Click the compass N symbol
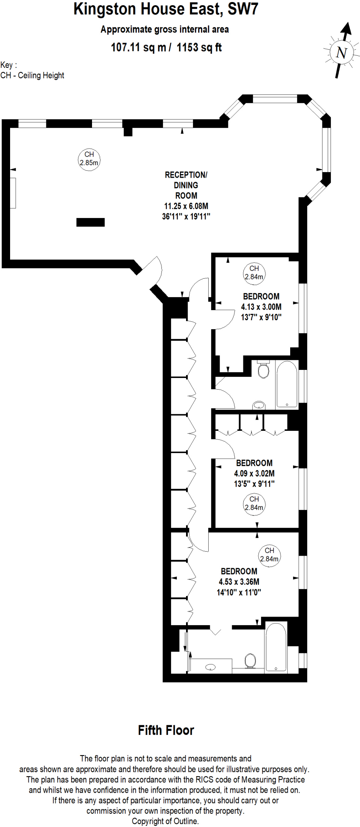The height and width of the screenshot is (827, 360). (341, 52)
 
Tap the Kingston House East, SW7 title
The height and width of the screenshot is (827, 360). (165, 9)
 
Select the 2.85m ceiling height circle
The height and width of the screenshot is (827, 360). (89, 159)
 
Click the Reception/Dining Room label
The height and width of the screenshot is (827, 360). (186, 185)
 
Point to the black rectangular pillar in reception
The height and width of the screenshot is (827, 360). (90, 222)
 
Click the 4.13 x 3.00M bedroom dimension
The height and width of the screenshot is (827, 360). (261, 307)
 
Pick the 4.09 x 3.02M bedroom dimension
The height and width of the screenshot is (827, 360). (254, 473)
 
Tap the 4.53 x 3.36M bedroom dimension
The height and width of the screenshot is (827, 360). (239, 582)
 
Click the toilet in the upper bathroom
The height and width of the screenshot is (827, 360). (263, 369)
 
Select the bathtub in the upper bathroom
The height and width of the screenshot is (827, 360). (287, 385)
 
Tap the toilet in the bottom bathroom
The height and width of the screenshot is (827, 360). (250, 661)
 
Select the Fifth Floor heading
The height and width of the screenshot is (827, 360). (166, 730)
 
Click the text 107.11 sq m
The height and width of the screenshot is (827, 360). (138, 48)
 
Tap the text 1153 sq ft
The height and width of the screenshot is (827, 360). (199, 48)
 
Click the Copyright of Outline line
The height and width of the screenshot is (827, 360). (165, 821)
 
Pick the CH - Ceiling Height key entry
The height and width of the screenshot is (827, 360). (32, 76)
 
